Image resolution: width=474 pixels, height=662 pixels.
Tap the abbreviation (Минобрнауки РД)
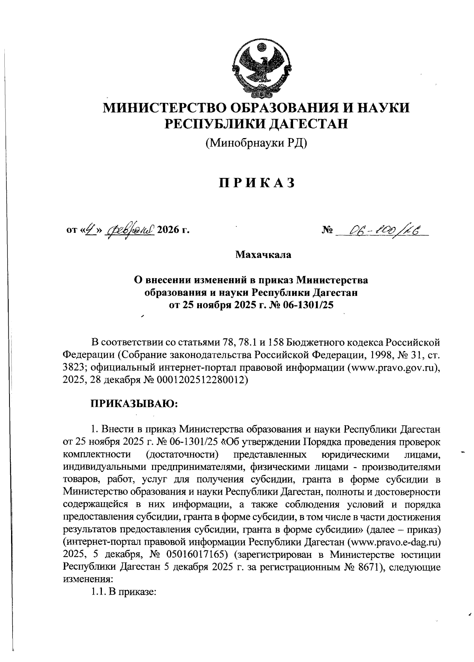click(256, 142)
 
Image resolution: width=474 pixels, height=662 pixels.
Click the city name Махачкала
click(263, 255)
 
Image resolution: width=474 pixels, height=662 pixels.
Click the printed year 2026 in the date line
click(169, 230)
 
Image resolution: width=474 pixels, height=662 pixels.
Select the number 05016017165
click(194, 555)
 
